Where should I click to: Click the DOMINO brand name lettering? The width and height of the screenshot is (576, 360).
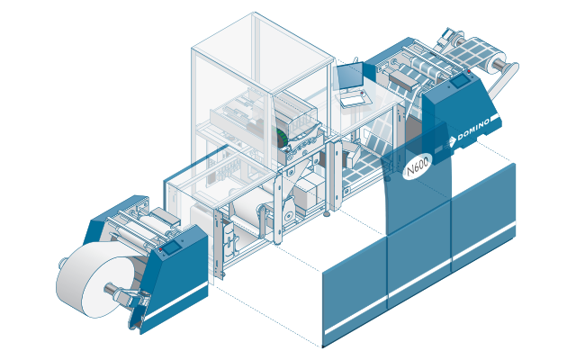click(473, 130)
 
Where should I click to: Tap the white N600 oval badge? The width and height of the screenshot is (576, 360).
click(418, 167)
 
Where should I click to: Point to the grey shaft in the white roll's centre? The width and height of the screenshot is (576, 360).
click(110, 289)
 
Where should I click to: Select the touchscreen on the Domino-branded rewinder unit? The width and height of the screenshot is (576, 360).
click(460, 81)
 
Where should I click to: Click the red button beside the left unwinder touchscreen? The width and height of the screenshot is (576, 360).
click(160, 249)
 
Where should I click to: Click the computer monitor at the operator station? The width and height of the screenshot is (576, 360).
click(350, 76)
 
